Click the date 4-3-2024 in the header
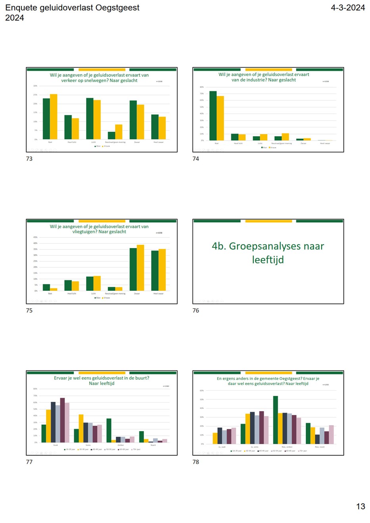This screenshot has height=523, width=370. coord(347,8)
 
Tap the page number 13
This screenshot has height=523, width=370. coord(360,506)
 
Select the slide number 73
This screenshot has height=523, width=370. coord(29,159)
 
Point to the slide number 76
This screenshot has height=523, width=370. coord(196,311)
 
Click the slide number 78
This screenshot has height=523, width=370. coord(196,462)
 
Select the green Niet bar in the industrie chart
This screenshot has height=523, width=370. coord(213,116)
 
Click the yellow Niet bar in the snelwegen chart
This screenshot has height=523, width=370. coord(54,116)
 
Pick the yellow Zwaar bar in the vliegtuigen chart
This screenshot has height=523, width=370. coord(140,268)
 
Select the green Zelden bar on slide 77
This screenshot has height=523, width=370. coord(109,430)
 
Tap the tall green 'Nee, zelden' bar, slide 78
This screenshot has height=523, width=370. coord(275,420)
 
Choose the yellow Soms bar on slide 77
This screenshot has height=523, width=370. coord(81,428)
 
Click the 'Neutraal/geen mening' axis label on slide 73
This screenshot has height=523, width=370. coord(115,142)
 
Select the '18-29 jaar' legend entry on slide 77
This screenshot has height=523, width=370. coord(70,449)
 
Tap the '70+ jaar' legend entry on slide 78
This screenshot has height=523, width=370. coord(302,451)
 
